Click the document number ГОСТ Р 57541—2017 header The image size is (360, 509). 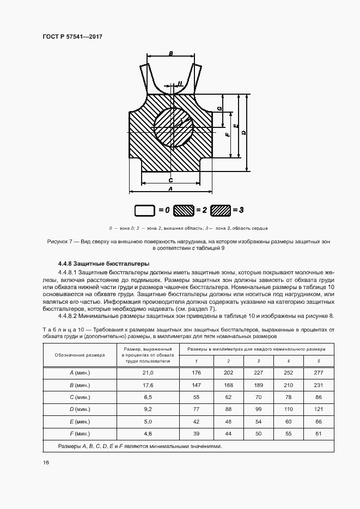click(72, 36)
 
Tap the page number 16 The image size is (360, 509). click(46, 462)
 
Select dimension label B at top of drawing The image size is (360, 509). click(171, 53)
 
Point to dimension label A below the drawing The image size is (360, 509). click(170, 188)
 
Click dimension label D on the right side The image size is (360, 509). click(243, 132)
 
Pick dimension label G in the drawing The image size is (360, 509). click(219, 108)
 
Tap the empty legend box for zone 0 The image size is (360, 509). click(145, 210)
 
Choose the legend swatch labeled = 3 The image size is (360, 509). click(221, 210)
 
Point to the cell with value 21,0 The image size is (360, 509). click(148, 372)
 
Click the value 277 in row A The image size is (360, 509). click(319, 372)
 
